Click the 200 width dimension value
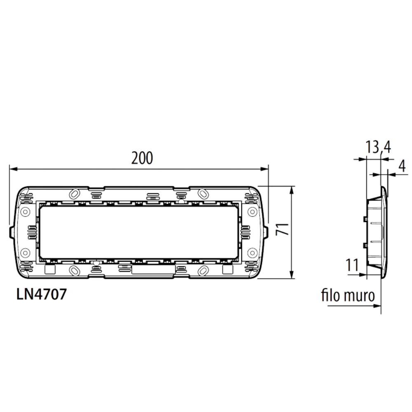click(x=142, y=158)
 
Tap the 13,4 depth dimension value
click(x=378, y=147)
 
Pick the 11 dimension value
click(x=352, y=266)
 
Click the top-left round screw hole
click(x=25, y=212)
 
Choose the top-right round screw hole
click(x=251, y=212)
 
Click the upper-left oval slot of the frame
click(x=75, y=193)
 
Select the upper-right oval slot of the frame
click(x=202, y=193)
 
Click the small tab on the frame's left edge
click(x=10, y=232)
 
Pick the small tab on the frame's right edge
click(x=266, y=232)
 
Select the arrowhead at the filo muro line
click(x=377, y=306)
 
